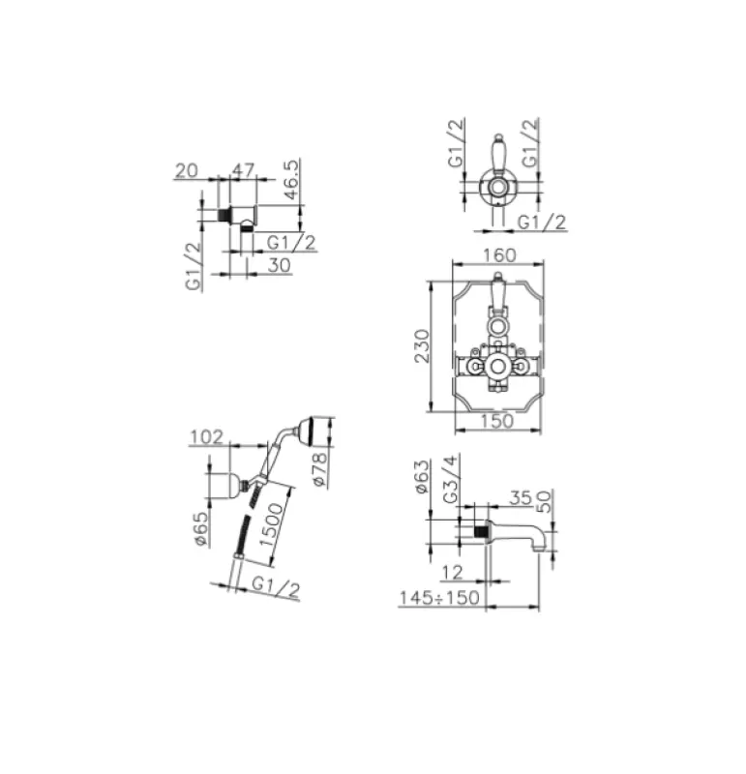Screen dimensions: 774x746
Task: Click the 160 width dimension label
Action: [x=497, y=255]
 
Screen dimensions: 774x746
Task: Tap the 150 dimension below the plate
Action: [x=497, y=423]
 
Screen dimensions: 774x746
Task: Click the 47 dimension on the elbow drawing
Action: [x=245, y=170]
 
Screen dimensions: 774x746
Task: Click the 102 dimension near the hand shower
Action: [x=207, y=437]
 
